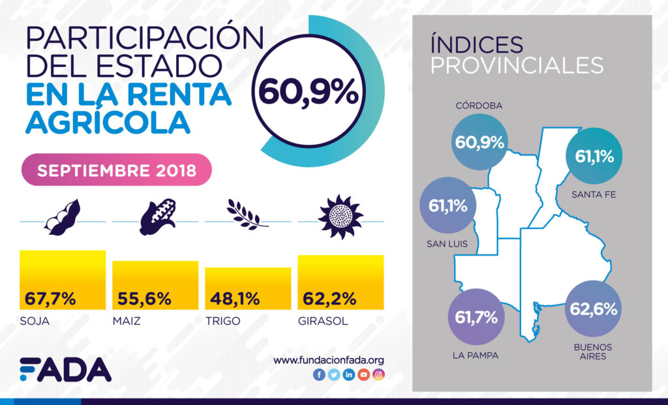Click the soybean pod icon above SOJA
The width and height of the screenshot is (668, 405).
[63, 217]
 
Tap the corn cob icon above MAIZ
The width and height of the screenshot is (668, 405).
[157, 217]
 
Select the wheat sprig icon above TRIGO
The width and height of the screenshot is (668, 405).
[247, 215]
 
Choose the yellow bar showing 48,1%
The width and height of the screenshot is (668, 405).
[248, 288]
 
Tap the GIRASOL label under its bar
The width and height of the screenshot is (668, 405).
[322, 322]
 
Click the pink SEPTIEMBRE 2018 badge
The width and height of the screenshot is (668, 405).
[117, 170]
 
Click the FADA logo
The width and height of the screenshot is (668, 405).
[65, 370]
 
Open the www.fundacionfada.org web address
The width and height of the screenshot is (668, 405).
[329, 360]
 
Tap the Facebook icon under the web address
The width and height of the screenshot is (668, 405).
[319, 375]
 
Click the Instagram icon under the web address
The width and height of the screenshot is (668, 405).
[378, 375]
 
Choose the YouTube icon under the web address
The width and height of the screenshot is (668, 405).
[363, 375]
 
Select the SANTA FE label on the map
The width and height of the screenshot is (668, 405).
[592, 194]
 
